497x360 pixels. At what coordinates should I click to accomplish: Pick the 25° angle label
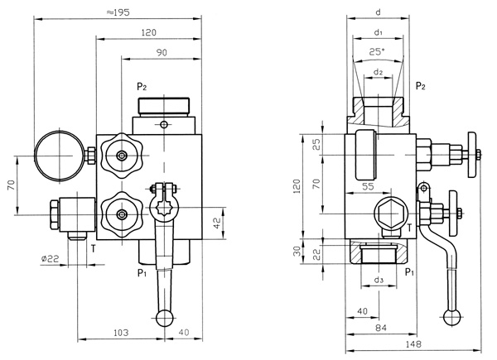pyautogui.click(x=378, y=52)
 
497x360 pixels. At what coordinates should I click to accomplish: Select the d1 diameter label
pyautogui.click(x=378, y=33)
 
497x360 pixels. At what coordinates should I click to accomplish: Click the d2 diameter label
pyautogui.click(x=378, y=72)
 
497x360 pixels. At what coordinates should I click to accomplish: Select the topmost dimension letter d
pyautogui.click(x=378, y=12)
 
